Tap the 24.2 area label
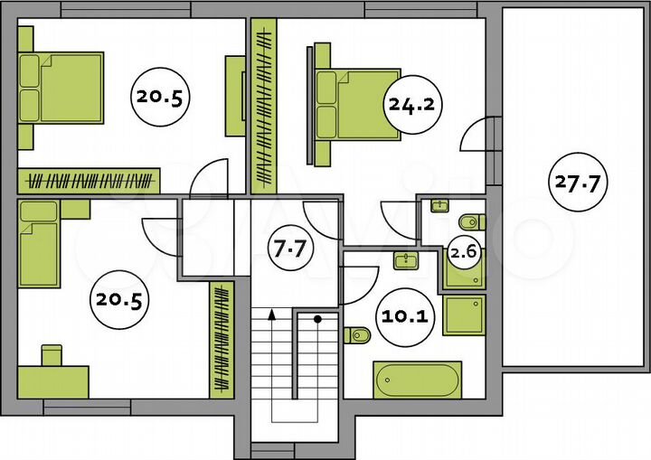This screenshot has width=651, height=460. (411, 104)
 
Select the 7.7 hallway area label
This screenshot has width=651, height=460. (289, 249)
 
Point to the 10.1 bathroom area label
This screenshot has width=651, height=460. (404, 316)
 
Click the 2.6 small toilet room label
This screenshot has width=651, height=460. (463, 251)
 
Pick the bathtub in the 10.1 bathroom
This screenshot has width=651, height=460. (417, 380)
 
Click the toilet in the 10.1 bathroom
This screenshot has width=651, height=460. (357, 335)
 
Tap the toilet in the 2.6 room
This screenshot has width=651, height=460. (472, 222)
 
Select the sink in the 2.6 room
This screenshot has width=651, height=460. (439, 205)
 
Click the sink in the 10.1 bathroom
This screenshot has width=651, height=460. (406, 260)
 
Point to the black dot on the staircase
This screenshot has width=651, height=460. (317, 319)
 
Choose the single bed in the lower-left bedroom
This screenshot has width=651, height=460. (39, 244)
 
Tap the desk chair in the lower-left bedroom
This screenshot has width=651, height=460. (52, 355)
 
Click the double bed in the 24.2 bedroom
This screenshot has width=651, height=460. (358, 105)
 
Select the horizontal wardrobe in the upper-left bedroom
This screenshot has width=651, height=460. (89, 181)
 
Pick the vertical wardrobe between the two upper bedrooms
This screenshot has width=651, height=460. (264, 107)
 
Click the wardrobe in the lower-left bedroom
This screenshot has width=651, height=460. (222, 340)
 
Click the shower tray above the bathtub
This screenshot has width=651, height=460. (464, 315)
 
